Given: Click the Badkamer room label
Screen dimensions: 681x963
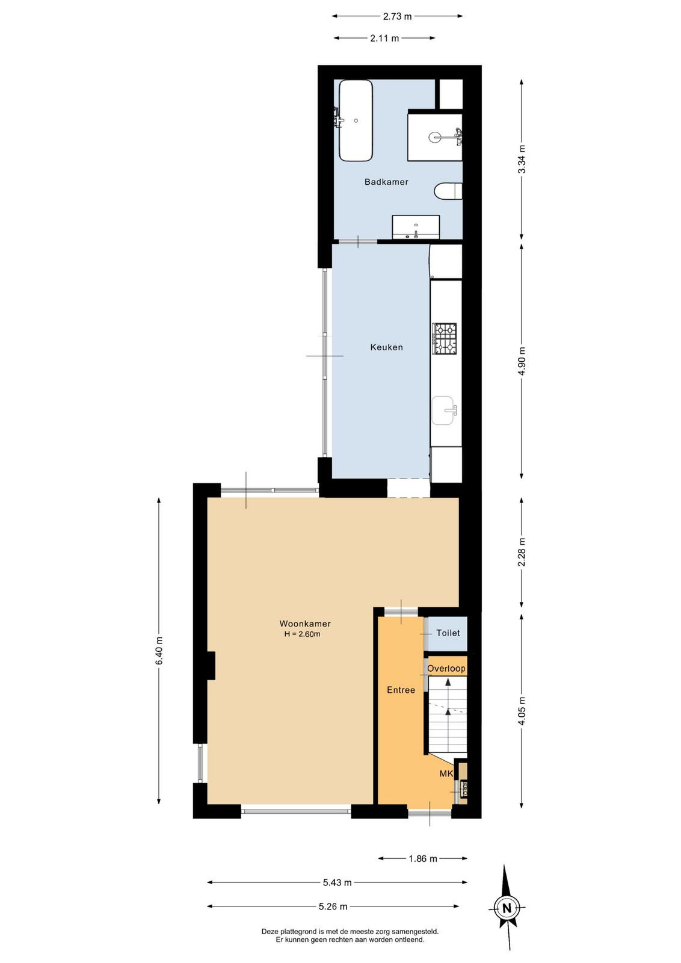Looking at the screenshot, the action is (386, 182).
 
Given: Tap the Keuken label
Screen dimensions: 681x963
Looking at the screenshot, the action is (387, 347).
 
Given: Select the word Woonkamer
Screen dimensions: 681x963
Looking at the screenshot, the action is (305, 624).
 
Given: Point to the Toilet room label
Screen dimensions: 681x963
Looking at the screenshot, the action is (448, 633).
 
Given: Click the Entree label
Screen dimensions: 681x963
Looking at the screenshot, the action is (401, 690).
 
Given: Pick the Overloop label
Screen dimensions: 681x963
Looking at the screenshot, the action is (446, 669).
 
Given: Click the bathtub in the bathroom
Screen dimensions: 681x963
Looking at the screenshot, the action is (356, 121).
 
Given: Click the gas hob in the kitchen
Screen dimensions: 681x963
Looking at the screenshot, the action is (445, 339).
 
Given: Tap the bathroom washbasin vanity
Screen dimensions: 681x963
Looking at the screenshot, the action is (416, 227).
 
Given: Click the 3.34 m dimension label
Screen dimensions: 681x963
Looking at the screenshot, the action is (522, 159).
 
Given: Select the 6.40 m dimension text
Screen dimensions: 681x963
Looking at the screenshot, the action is (159, 650).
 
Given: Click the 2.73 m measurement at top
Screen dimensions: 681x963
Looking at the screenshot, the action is (398, 16).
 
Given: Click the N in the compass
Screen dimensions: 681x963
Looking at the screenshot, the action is (507, 917).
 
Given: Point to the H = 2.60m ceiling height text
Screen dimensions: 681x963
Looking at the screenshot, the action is (302, 634).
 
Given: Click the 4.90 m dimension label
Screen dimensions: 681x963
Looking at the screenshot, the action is (522, 361).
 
